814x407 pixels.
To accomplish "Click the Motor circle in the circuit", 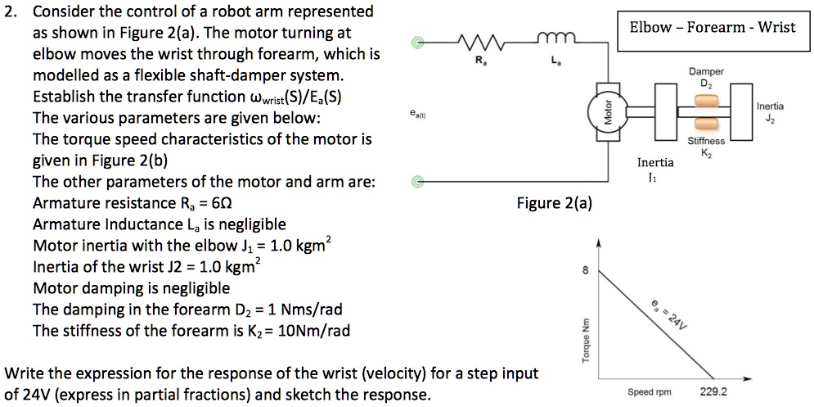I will [x=607, y=112].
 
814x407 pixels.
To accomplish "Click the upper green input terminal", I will [x=418, y=43].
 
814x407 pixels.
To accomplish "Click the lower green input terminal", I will [x=418, y=180].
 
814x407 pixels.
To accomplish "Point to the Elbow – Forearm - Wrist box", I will [x=712, y=27].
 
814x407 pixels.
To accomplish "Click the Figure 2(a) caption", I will [x=554, y=202].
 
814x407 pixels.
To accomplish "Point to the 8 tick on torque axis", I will [x=585, y=272].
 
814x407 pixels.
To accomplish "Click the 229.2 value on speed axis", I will [x=713, y=391].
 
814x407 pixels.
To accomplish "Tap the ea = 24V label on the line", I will [x=668, y=313].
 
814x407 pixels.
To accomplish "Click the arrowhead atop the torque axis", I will [x=600, y=243].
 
